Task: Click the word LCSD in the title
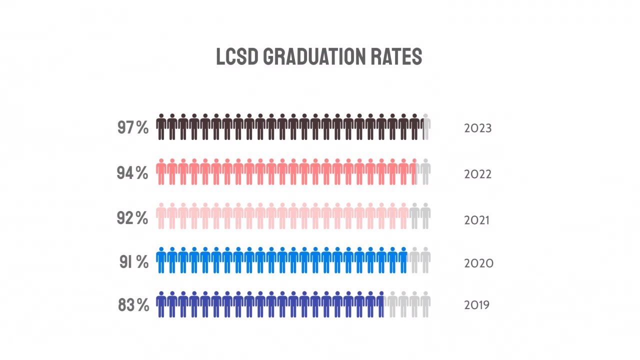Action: coord(236,57)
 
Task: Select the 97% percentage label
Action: coord(133,127)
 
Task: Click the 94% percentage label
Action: coord(132,173)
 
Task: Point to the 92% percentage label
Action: coord(132,218)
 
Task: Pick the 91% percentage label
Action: coord(133,262)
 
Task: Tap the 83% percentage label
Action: coord(133,305)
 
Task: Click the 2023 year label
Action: coord(478,128)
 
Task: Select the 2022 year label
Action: coord(478,174)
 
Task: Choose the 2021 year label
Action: coord(477,219)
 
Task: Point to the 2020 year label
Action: coord(478,263)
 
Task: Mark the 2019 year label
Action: coord(477,305)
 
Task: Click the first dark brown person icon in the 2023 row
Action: coord(161,127)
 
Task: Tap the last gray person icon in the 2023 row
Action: coord(426,127)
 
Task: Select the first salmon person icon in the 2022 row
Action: coord(161,172)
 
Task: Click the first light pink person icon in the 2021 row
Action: coord(161,216)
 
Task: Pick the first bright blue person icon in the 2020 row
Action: coord(161,260)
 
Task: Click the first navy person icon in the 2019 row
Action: coord(161,304)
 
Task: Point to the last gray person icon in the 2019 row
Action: coord(425,304)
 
